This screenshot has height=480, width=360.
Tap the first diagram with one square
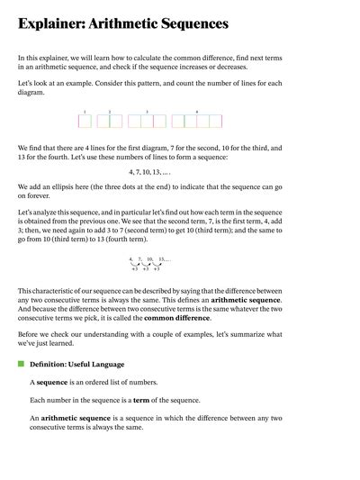click(84, 121)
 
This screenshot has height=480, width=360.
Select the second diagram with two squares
click(110, 121)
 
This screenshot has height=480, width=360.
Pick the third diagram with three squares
click(147, 121)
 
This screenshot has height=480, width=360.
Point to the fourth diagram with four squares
click(197, 121)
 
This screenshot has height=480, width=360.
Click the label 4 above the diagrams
click(197, 112)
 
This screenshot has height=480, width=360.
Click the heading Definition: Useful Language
click(76, 364)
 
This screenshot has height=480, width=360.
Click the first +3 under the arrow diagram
click(135, 269)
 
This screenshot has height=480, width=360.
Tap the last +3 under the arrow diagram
click(157, 269)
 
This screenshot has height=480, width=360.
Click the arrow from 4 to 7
click(135, 264)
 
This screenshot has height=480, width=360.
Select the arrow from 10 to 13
click(157, 264)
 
